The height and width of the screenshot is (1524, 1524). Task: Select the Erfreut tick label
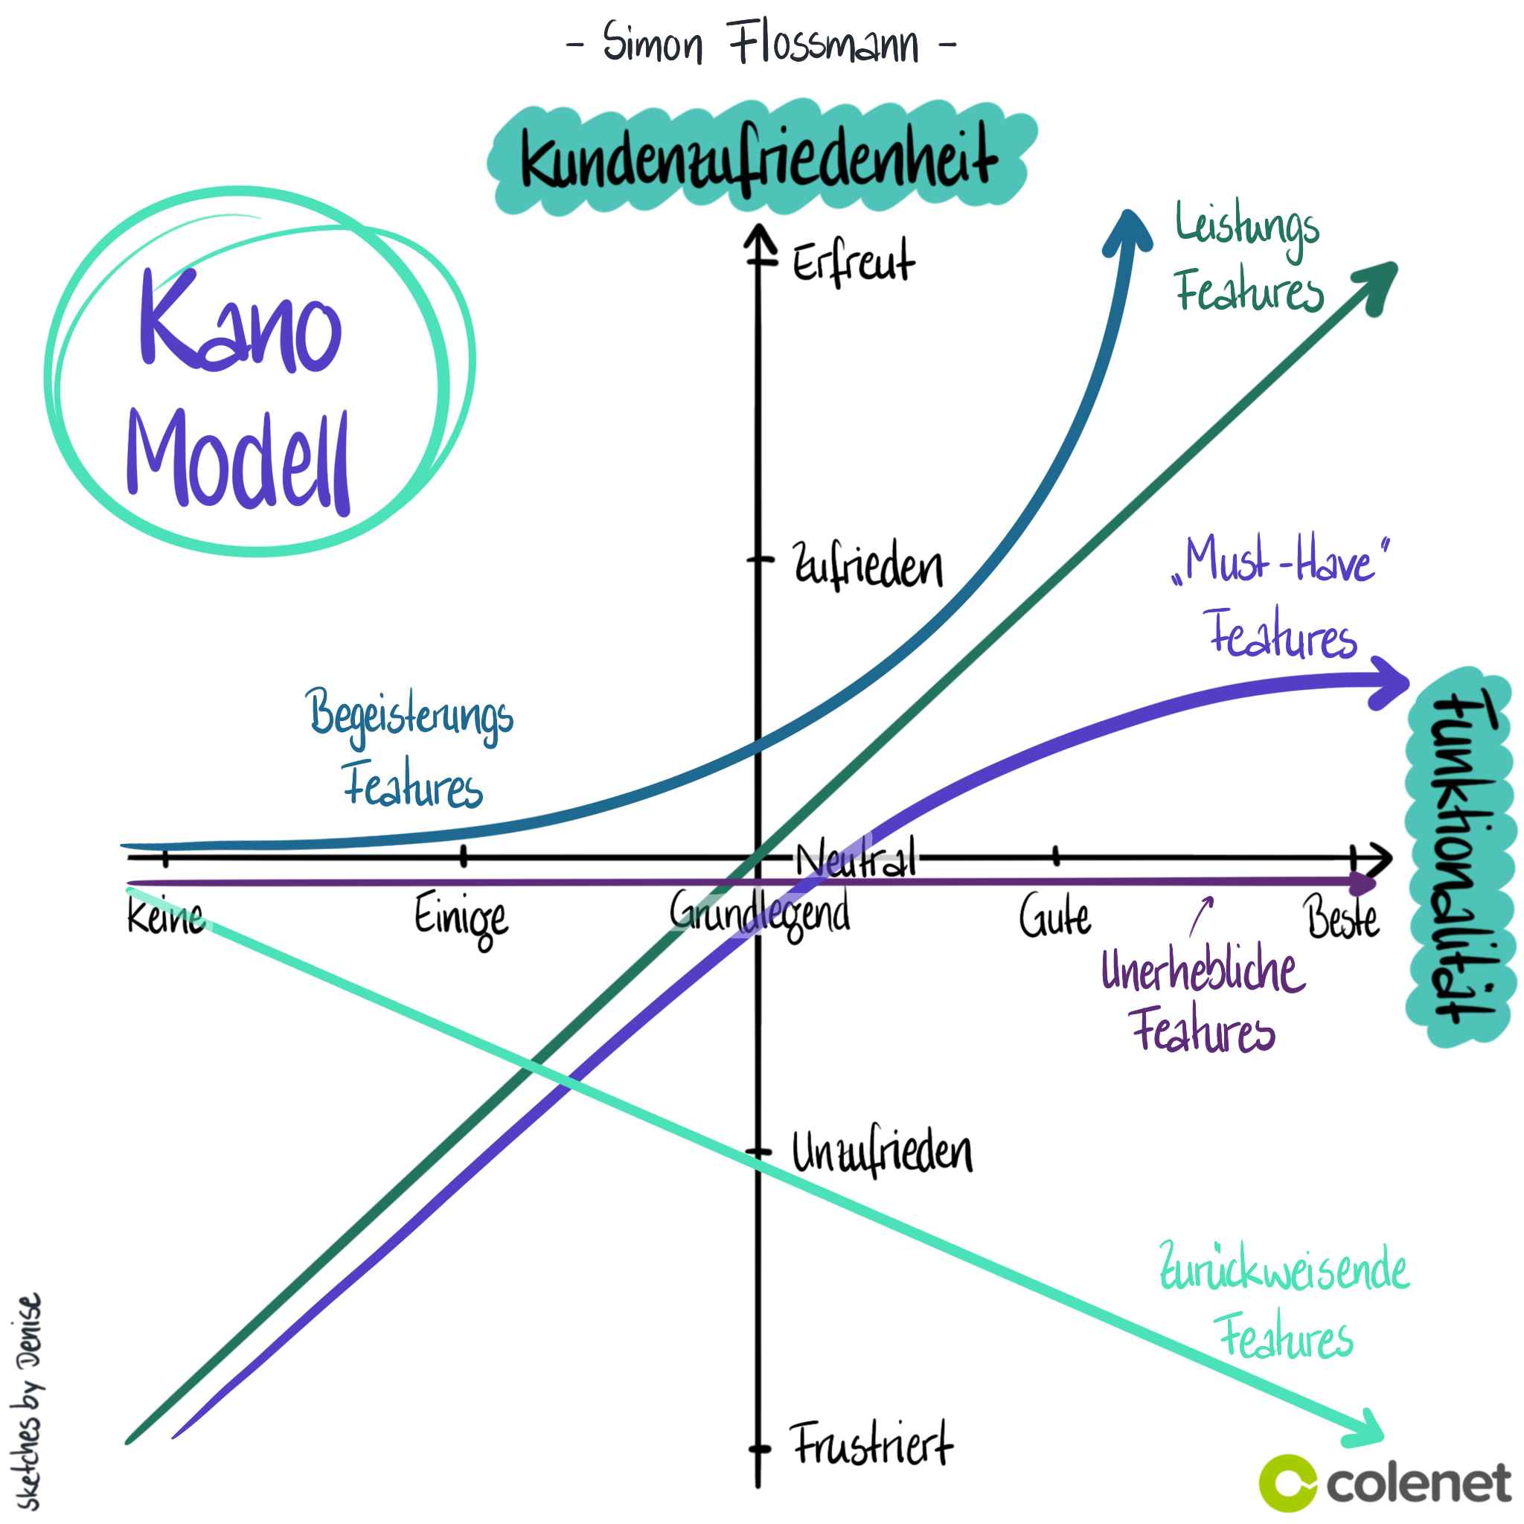(854, 262)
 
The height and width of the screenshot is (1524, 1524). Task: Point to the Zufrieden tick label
(868, 566)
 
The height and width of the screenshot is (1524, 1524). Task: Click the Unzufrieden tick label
(882, 1153)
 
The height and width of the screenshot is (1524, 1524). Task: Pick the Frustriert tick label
(872, 1444)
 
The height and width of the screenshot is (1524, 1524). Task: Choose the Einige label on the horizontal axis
(461, 918)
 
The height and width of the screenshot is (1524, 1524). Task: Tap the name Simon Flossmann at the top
(761, 43)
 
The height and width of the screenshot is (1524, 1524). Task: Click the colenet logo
(1385, 1483)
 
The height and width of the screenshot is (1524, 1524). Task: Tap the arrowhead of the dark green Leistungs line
(1377, 284)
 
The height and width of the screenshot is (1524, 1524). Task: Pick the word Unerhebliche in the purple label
(1203, 970)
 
